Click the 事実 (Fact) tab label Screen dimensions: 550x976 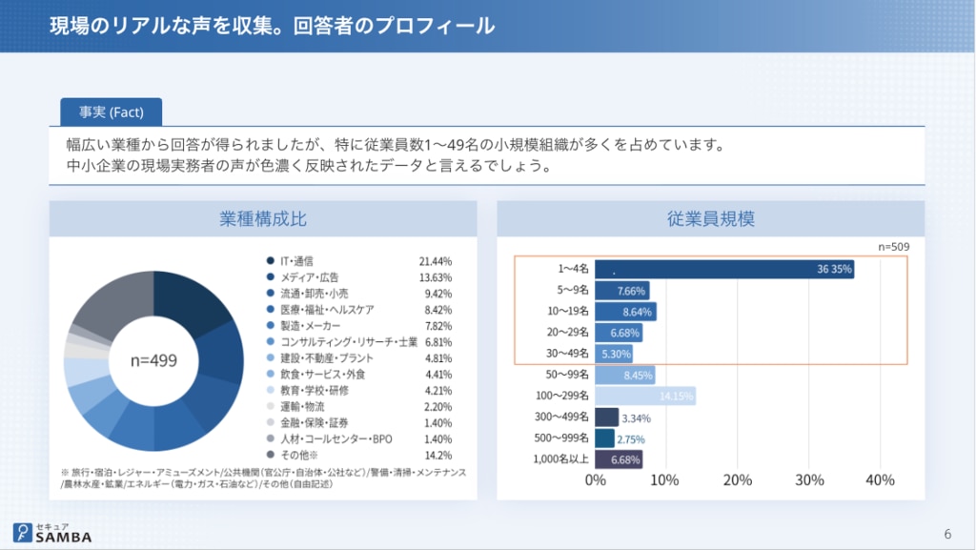click(x=111, y=112)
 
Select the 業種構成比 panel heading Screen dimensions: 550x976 click(x=263, y=219)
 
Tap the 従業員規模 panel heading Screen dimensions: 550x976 click(x=710, y=219)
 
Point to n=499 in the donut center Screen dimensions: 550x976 click(x=153, y=361)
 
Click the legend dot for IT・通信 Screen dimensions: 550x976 click(x=271, y=260)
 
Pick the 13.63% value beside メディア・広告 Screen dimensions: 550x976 click(x=435, y=277)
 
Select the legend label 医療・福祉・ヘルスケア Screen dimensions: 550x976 click(x=326, y=310)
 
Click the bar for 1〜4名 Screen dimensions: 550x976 click(x=724, y=270)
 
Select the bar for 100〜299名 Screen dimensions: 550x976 click(x=645, y=396)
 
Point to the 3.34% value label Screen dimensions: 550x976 click(x=636, y=418)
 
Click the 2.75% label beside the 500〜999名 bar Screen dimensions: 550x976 click(x=631, y=438)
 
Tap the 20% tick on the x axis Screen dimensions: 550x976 click(x=738, y=479)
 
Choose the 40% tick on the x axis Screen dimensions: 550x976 click(x=880, y=479)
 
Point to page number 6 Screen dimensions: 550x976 click(x=946, y=533)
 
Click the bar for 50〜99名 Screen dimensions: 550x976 click(x=625, y=375)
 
